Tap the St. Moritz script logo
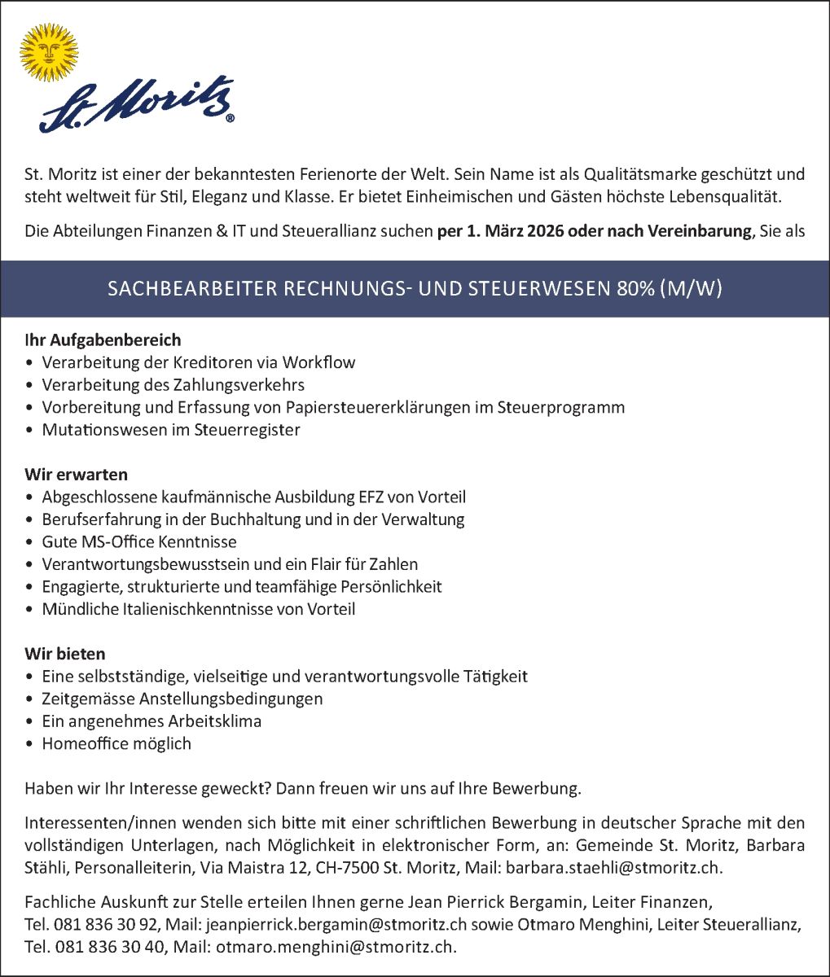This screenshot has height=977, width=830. [x=137, y=104]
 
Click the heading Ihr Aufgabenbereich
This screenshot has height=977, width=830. [x=103, y=340]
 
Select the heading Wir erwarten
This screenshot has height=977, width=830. [x=76, y=474]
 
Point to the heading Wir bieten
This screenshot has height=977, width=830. [x=65, y=654]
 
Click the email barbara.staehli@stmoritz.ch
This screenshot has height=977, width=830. [x=613, y=868]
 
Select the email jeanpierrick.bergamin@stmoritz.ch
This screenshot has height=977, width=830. [x=336, y=925]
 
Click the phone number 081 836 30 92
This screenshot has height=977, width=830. [x=108, y=925]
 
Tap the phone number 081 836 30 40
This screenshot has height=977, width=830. [x=108, y=947]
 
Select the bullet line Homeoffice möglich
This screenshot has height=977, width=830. [x=116, y=743]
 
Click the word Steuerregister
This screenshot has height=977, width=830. [x=248, y=430]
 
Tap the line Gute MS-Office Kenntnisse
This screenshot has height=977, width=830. [x=139, y=541]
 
